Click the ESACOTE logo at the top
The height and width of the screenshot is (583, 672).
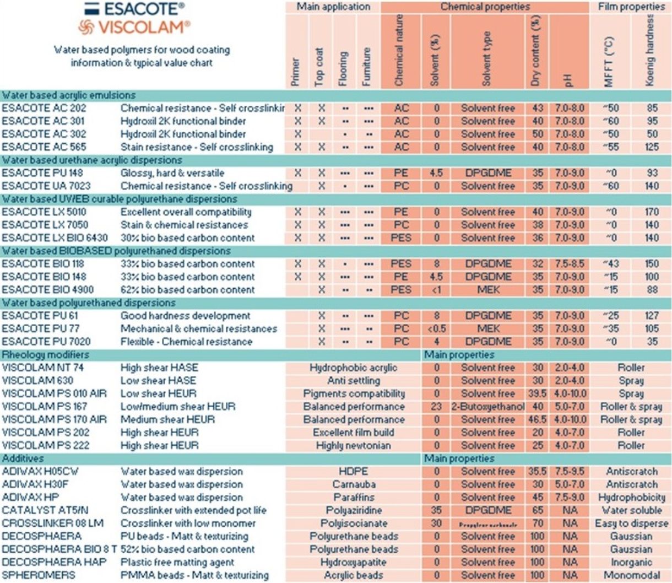click(134, 9)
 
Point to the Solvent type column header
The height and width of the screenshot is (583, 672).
click(487, 58)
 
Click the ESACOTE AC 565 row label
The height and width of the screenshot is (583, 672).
click(44, 147)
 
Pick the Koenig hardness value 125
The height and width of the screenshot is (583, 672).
click(652, 147)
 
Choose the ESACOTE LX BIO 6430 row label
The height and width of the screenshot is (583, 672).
click(55, 238)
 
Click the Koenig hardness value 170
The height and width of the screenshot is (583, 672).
click(652, 212)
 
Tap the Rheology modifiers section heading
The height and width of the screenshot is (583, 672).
click(45, 355)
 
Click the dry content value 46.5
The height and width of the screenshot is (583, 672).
click(537, 420)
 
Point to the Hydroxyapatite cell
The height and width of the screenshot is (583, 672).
click(353, 563)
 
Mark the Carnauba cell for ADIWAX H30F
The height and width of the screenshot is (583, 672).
click(353, 484)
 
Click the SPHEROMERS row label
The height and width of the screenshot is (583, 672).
click(39, 575)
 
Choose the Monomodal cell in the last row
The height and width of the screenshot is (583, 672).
click(631, 575)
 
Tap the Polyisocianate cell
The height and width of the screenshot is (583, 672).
click(353, 523)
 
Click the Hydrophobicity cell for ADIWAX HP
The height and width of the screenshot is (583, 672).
click(631, 498)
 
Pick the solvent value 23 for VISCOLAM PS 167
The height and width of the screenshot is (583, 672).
click(436, 407)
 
